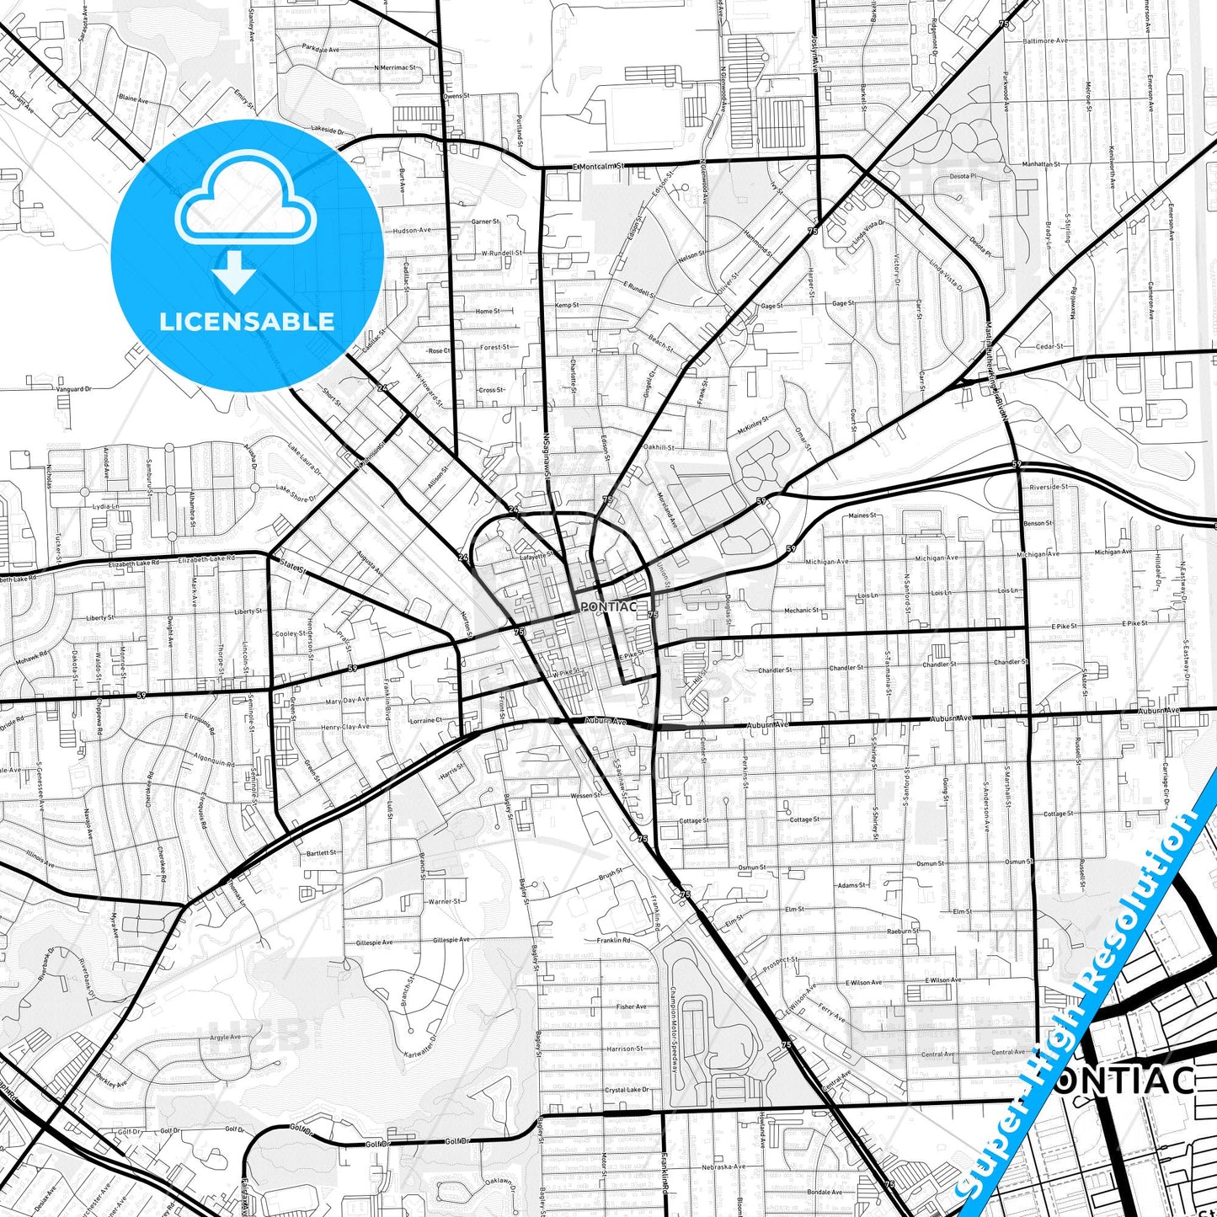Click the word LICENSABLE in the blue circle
click(x=247, y=322)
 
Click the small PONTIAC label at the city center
click(x=601, y=606)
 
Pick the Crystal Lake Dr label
click(x=627, y=1090)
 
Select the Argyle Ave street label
click(x=226, y=1037)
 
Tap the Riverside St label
click(x=1049, y=487)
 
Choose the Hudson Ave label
click(x=411, y=230)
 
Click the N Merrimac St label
click(x=396, y=67)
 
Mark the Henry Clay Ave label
click(x=344, y=726)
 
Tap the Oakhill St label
click(x=659, y=448)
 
